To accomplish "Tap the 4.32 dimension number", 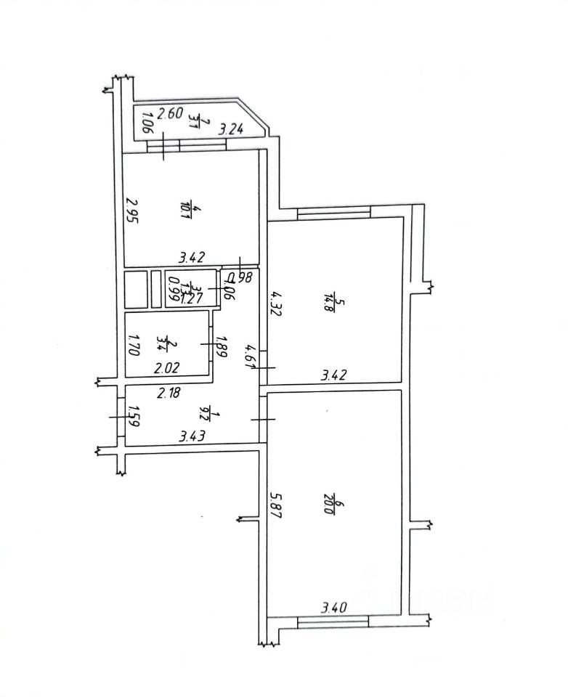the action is click(x=275, y=303).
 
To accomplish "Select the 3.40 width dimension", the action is click(x=335, y=606).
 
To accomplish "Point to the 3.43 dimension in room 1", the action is click(x=192, y=436).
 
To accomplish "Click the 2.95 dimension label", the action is click(x=131, y=211).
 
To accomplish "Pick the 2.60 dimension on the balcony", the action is click(x=170, y=113).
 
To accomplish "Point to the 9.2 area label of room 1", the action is click(x=204, y=414).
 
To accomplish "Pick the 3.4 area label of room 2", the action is click(x=169, y=340).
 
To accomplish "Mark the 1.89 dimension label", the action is click(x=224, y=342).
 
